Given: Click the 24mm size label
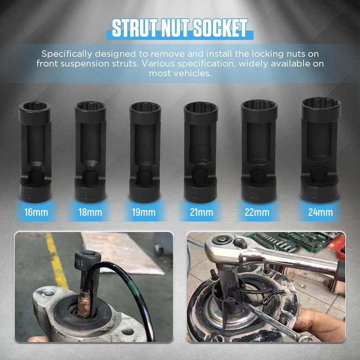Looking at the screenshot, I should click(x=320, y=212).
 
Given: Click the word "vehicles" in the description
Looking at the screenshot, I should click(x=195, y=73).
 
